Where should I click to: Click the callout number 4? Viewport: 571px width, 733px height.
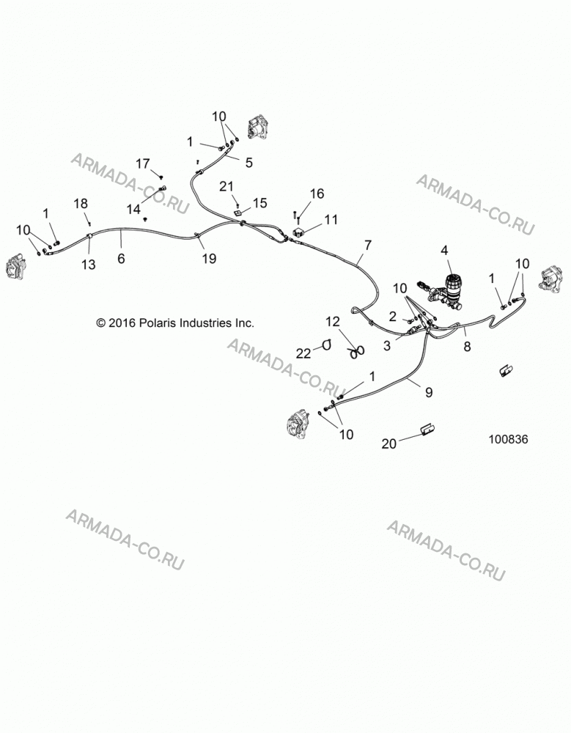444,251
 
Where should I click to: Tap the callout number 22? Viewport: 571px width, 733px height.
303,354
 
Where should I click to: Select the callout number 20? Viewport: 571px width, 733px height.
388,443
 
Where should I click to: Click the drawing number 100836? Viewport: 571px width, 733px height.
509,439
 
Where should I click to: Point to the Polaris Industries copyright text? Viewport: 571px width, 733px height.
175,323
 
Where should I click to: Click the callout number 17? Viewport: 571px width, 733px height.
143,163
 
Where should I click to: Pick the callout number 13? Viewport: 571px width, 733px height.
89,265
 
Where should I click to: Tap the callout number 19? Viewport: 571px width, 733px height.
209,258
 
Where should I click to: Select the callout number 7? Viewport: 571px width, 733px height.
368,245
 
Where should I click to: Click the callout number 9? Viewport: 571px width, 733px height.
428,391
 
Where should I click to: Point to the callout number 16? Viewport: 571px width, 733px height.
317,194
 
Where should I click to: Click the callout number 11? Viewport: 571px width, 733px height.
331,219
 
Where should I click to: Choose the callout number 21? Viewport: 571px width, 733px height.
226,186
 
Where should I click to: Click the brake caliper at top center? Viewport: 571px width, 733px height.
259,127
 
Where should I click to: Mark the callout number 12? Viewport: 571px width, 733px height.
333,322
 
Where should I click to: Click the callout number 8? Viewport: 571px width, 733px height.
467,347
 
